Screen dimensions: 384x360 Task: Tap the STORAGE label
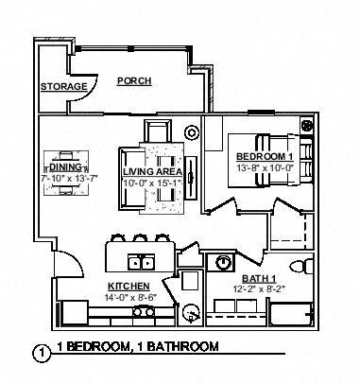click(x=63, y=87)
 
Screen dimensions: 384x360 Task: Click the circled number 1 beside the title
click(x=39, y=353)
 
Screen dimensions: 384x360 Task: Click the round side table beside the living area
click(x=193, y=132)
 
